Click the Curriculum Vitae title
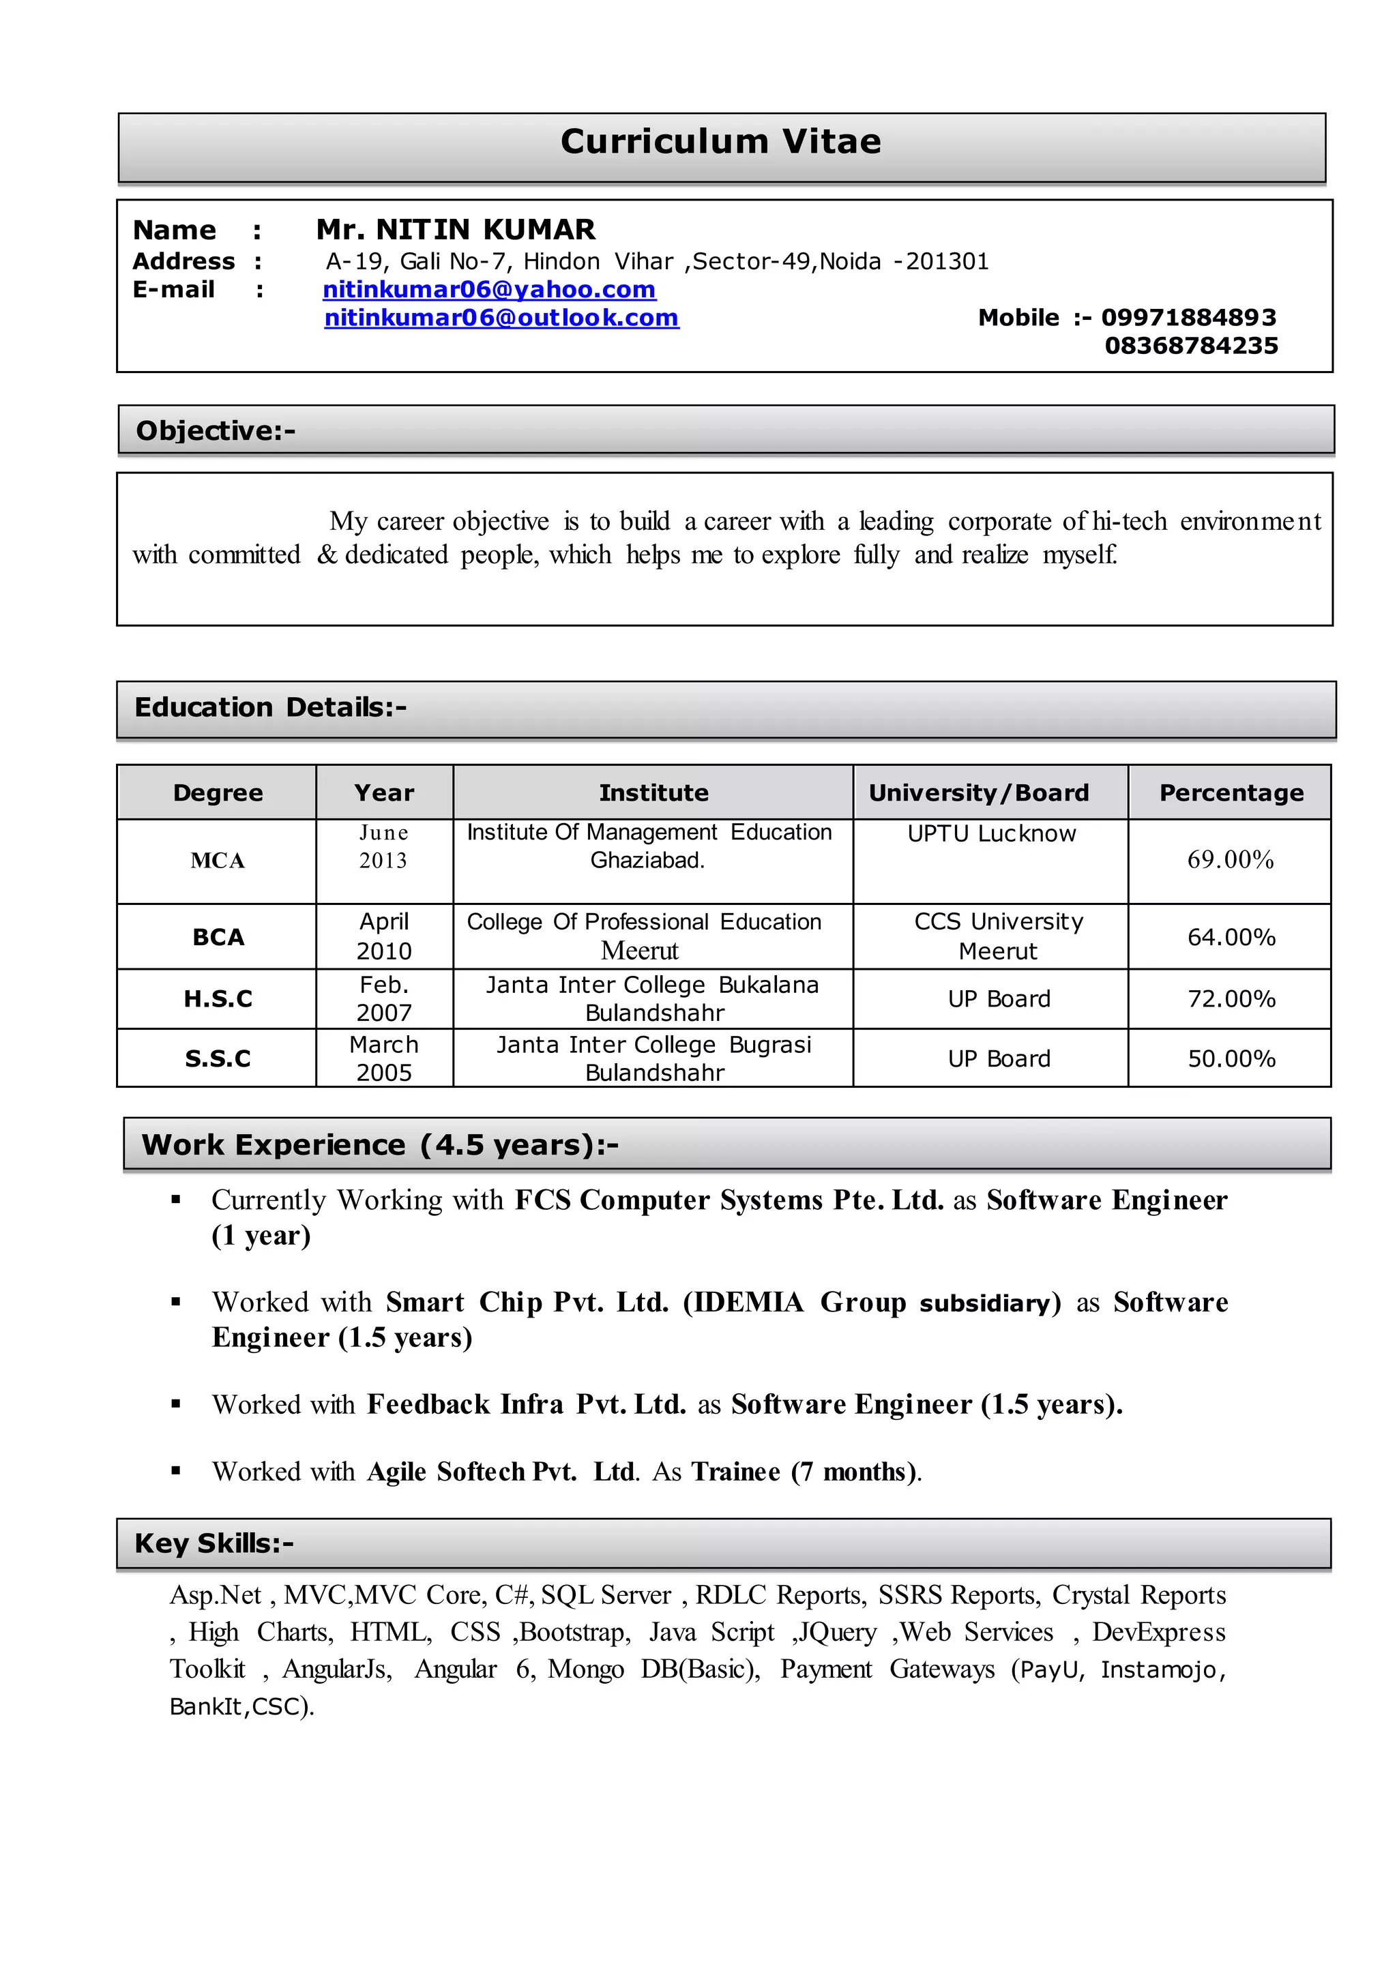pos(721,142)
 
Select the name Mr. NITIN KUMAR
pos(455,230)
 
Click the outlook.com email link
pos(501,318)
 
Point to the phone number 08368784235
pos(1192,346)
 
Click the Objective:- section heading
pos(215,431)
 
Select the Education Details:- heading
pos(270,707)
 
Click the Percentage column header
pos(1231,793)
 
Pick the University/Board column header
pos(979,793)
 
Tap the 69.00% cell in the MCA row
pos(1230,859)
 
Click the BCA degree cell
pos(218,937)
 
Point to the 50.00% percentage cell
pos(1231,1059)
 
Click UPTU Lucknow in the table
pos(991,833)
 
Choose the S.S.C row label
pos(218,1059)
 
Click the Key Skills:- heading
pos(214,1543)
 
